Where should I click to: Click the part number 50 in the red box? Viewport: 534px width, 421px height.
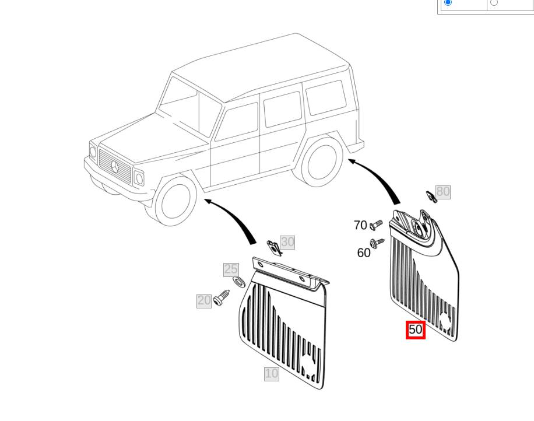416,329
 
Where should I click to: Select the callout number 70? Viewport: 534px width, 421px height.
360,225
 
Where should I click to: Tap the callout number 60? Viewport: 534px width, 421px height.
363,252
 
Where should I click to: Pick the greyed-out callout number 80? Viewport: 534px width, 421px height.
443,191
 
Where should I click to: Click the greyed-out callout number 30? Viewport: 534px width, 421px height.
287,242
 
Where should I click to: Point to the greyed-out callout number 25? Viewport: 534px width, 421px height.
230,269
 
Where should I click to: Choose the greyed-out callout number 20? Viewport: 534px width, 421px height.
204,300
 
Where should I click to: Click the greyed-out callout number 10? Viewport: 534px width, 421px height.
272,374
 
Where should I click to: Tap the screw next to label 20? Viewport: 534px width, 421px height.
222,298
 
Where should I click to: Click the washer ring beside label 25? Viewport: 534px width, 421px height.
239,282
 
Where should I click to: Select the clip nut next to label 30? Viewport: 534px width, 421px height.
275,248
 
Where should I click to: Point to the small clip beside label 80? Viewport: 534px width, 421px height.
431,197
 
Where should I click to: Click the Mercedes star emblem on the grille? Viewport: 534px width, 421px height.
115,167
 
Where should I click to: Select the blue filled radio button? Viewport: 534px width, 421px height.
448,2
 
